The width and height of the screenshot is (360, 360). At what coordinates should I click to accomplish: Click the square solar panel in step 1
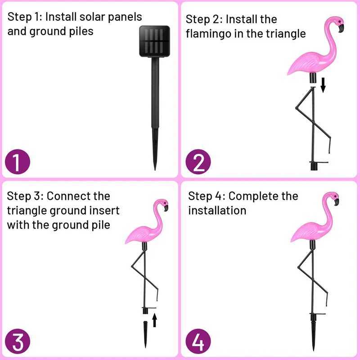tap(154, 41)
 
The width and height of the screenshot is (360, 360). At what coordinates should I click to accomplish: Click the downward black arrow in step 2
tap(323, 85)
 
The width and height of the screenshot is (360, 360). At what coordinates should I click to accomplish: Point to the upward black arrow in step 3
tap(154, 320)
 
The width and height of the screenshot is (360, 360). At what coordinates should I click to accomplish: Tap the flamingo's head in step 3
tap(162, 204)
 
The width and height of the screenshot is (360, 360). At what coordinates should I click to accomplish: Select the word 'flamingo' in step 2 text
tap(209, 34)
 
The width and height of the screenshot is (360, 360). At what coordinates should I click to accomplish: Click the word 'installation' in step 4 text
tap(217, 210)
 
